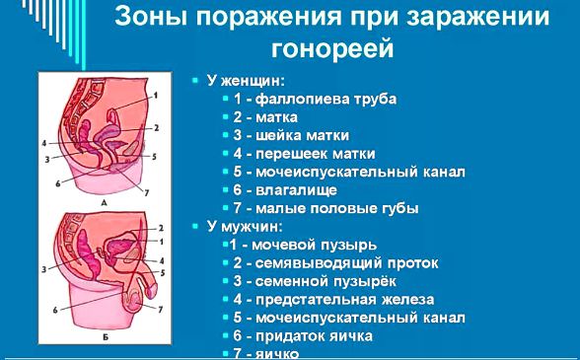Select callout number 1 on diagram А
(154, 96)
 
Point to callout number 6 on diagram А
(57, 183)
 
